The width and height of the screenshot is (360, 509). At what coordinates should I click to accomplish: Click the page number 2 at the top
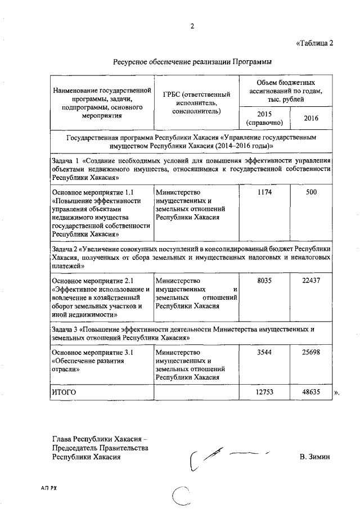point(192,26)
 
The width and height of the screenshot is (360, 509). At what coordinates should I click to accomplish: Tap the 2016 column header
point(311,118)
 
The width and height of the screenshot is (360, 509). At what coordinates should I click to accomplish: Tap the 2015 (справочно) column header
point(264,118)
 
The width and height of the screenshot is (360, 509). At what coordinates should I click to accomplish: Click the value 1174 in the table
point(264,192)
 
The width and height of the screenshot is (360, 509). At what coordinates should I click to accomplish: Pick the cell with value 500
point(311,192)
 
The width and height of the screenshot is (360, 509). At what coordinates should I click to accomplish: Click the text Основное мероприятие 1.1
point(91,192)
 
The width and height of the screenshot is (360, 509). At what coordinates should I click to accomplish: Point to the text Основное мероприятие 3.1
point(91,353)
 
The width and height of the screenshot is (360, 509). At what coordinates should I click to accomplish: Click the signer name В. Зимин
point(315,457)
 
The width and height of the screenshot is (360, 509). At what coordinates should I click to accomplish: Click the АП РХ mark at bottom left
point(50,488)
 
